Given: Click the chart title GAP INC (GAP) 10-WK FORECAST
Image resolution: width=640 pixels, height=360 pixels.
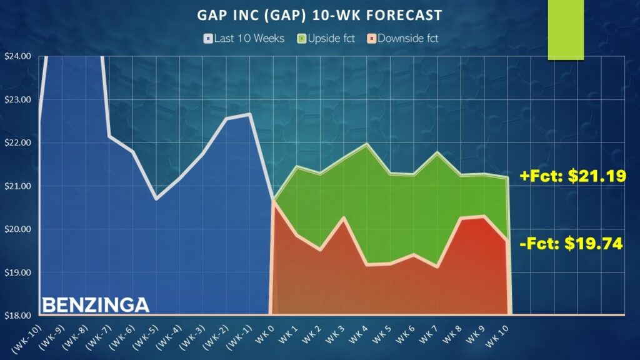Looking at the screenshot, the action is pos(319,16).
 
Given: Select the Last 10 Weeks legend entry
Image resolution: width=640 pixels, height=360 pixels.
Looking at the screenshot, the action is pos(244,38).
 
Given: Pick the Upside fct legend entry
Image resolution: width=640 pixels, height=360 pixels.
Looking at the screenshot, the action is pos(326,38).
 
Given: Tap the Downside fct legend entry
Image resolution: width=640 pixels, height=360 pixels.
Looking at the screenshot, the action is pos(402,38).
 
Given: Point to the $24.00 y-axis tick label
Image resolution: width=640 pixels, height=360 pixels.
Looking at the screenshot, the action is pos(17,56).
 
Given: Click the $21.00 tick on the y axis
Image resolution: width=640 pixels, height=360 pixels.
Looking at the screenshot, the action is pos(17,186).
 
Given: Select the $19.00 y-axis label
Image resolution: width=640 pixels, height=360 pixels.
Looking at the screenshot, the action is pos(17,272).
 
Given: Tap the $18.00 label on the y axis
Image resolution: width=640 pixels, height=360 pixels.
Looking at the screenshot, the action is pos(17,316).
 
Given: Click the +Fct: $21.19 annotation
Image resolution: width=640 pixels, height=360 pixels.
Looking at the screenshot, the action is pos(573,176).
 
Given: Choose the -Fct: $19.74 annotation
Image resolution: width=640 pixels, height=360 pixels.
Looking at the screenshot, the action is pos(571,243).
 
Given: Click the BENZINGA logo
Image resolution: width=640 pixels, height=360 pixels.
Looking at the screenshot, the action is pos(96,305).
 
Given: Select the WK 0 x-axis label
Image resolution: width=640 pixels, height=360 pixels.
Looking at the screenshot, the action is pos(265,334).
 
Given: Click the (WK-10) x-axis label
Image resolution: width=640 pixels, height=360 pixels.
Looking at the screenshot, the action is pos(27,339).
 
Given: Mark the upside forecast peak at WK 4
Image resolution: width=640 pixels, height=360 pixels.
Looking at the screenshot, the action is pos(366,144).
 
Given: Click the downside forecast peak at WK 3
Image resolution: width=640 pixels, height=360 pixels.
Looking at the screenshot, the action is pos(344,217).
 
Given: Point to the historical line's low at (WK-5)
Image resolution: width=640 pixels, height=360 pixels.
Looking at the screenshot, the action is pos(156,199).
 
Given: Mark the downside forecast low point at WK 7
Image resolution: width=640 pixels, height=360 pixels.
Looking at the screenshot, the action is pos(437,267).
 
